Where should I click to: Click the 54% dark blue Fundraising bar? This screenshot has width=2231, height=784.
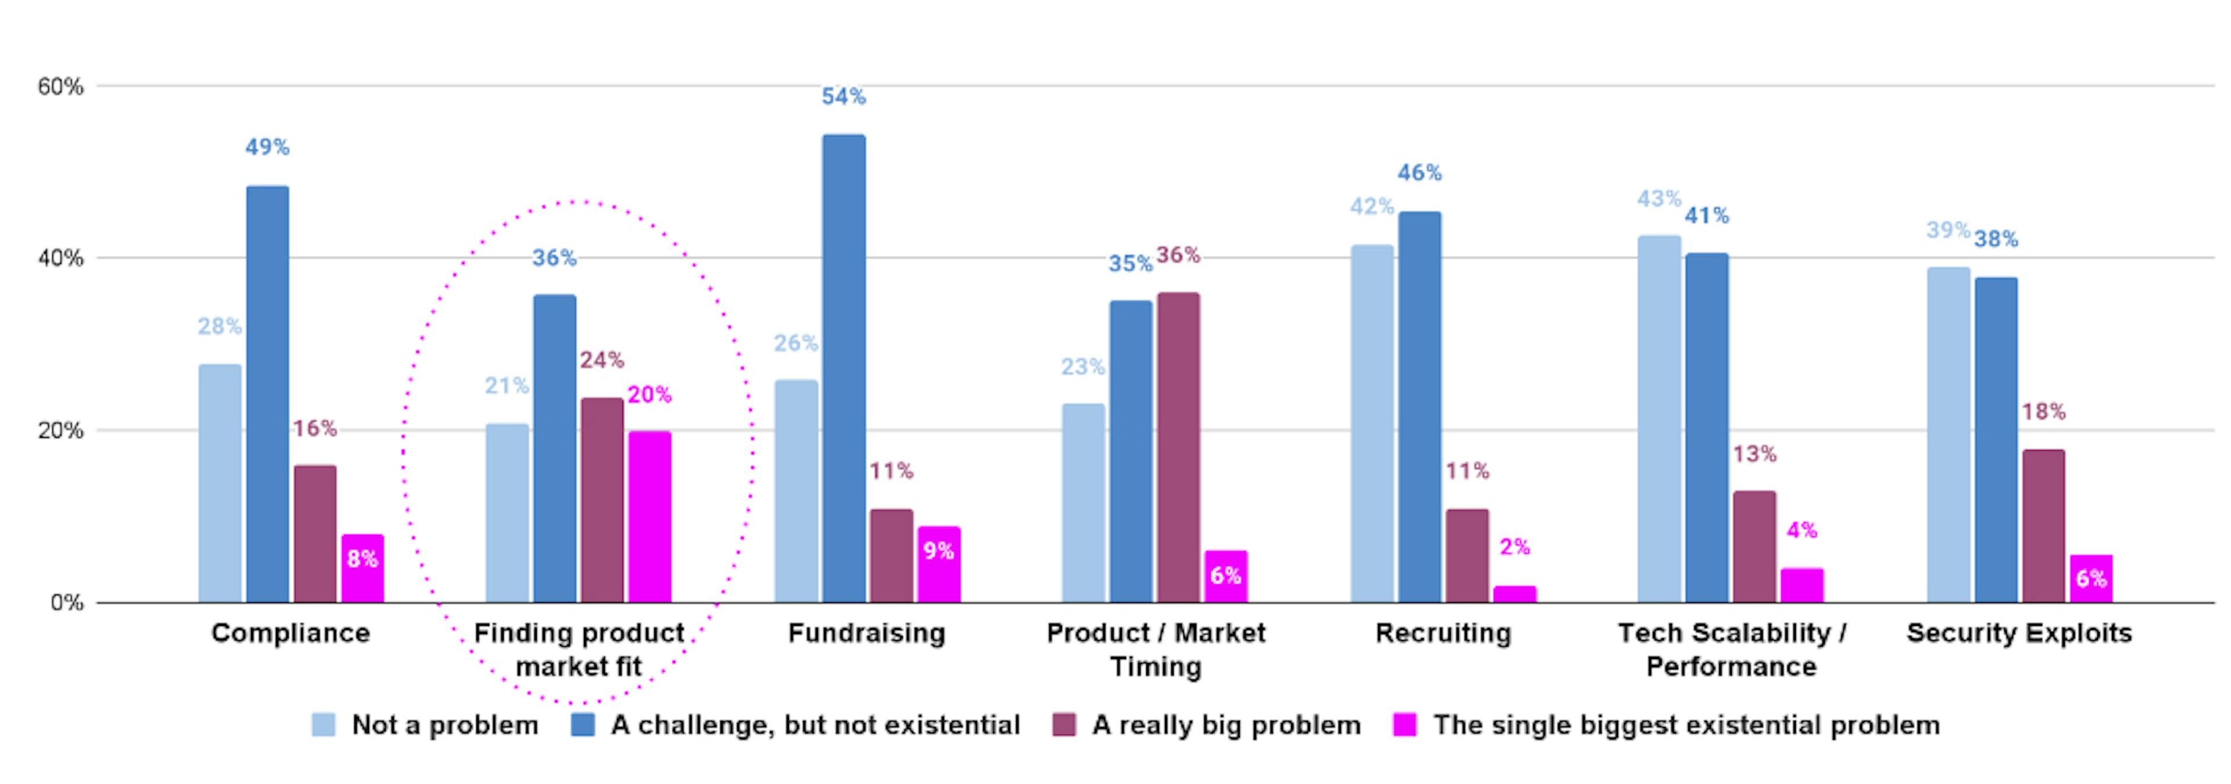[844, 368]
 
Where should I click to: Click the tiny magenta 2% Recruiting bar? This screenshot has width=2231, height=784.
[1514, 593]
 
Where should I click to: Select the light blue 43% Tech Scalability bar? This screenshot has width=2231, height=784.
[1659, 418]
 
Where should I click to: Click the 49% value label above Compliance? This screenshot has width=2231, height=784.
[267, 147]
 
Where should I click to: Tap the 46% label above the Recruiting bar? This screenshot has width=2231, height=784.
[1419, 173]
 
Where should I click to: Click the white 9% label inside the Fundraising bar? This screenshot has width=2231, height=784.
[938, 551]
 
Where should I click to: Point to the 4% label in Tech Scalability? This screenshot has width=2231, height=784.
[1802, 530]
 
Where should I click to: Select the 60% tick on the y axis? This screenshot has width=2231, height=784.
[60, 87]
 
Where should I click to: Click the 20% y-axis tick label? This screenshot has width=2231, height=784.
[60, 431]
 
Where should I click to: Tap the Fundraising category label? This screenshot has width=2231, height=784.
[866, 633]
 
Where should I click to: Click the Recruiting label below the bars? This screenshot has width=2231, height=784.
[1443, 633]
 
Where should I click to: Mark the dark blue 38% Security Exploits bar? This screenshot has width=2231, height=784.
[1996, 439]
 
